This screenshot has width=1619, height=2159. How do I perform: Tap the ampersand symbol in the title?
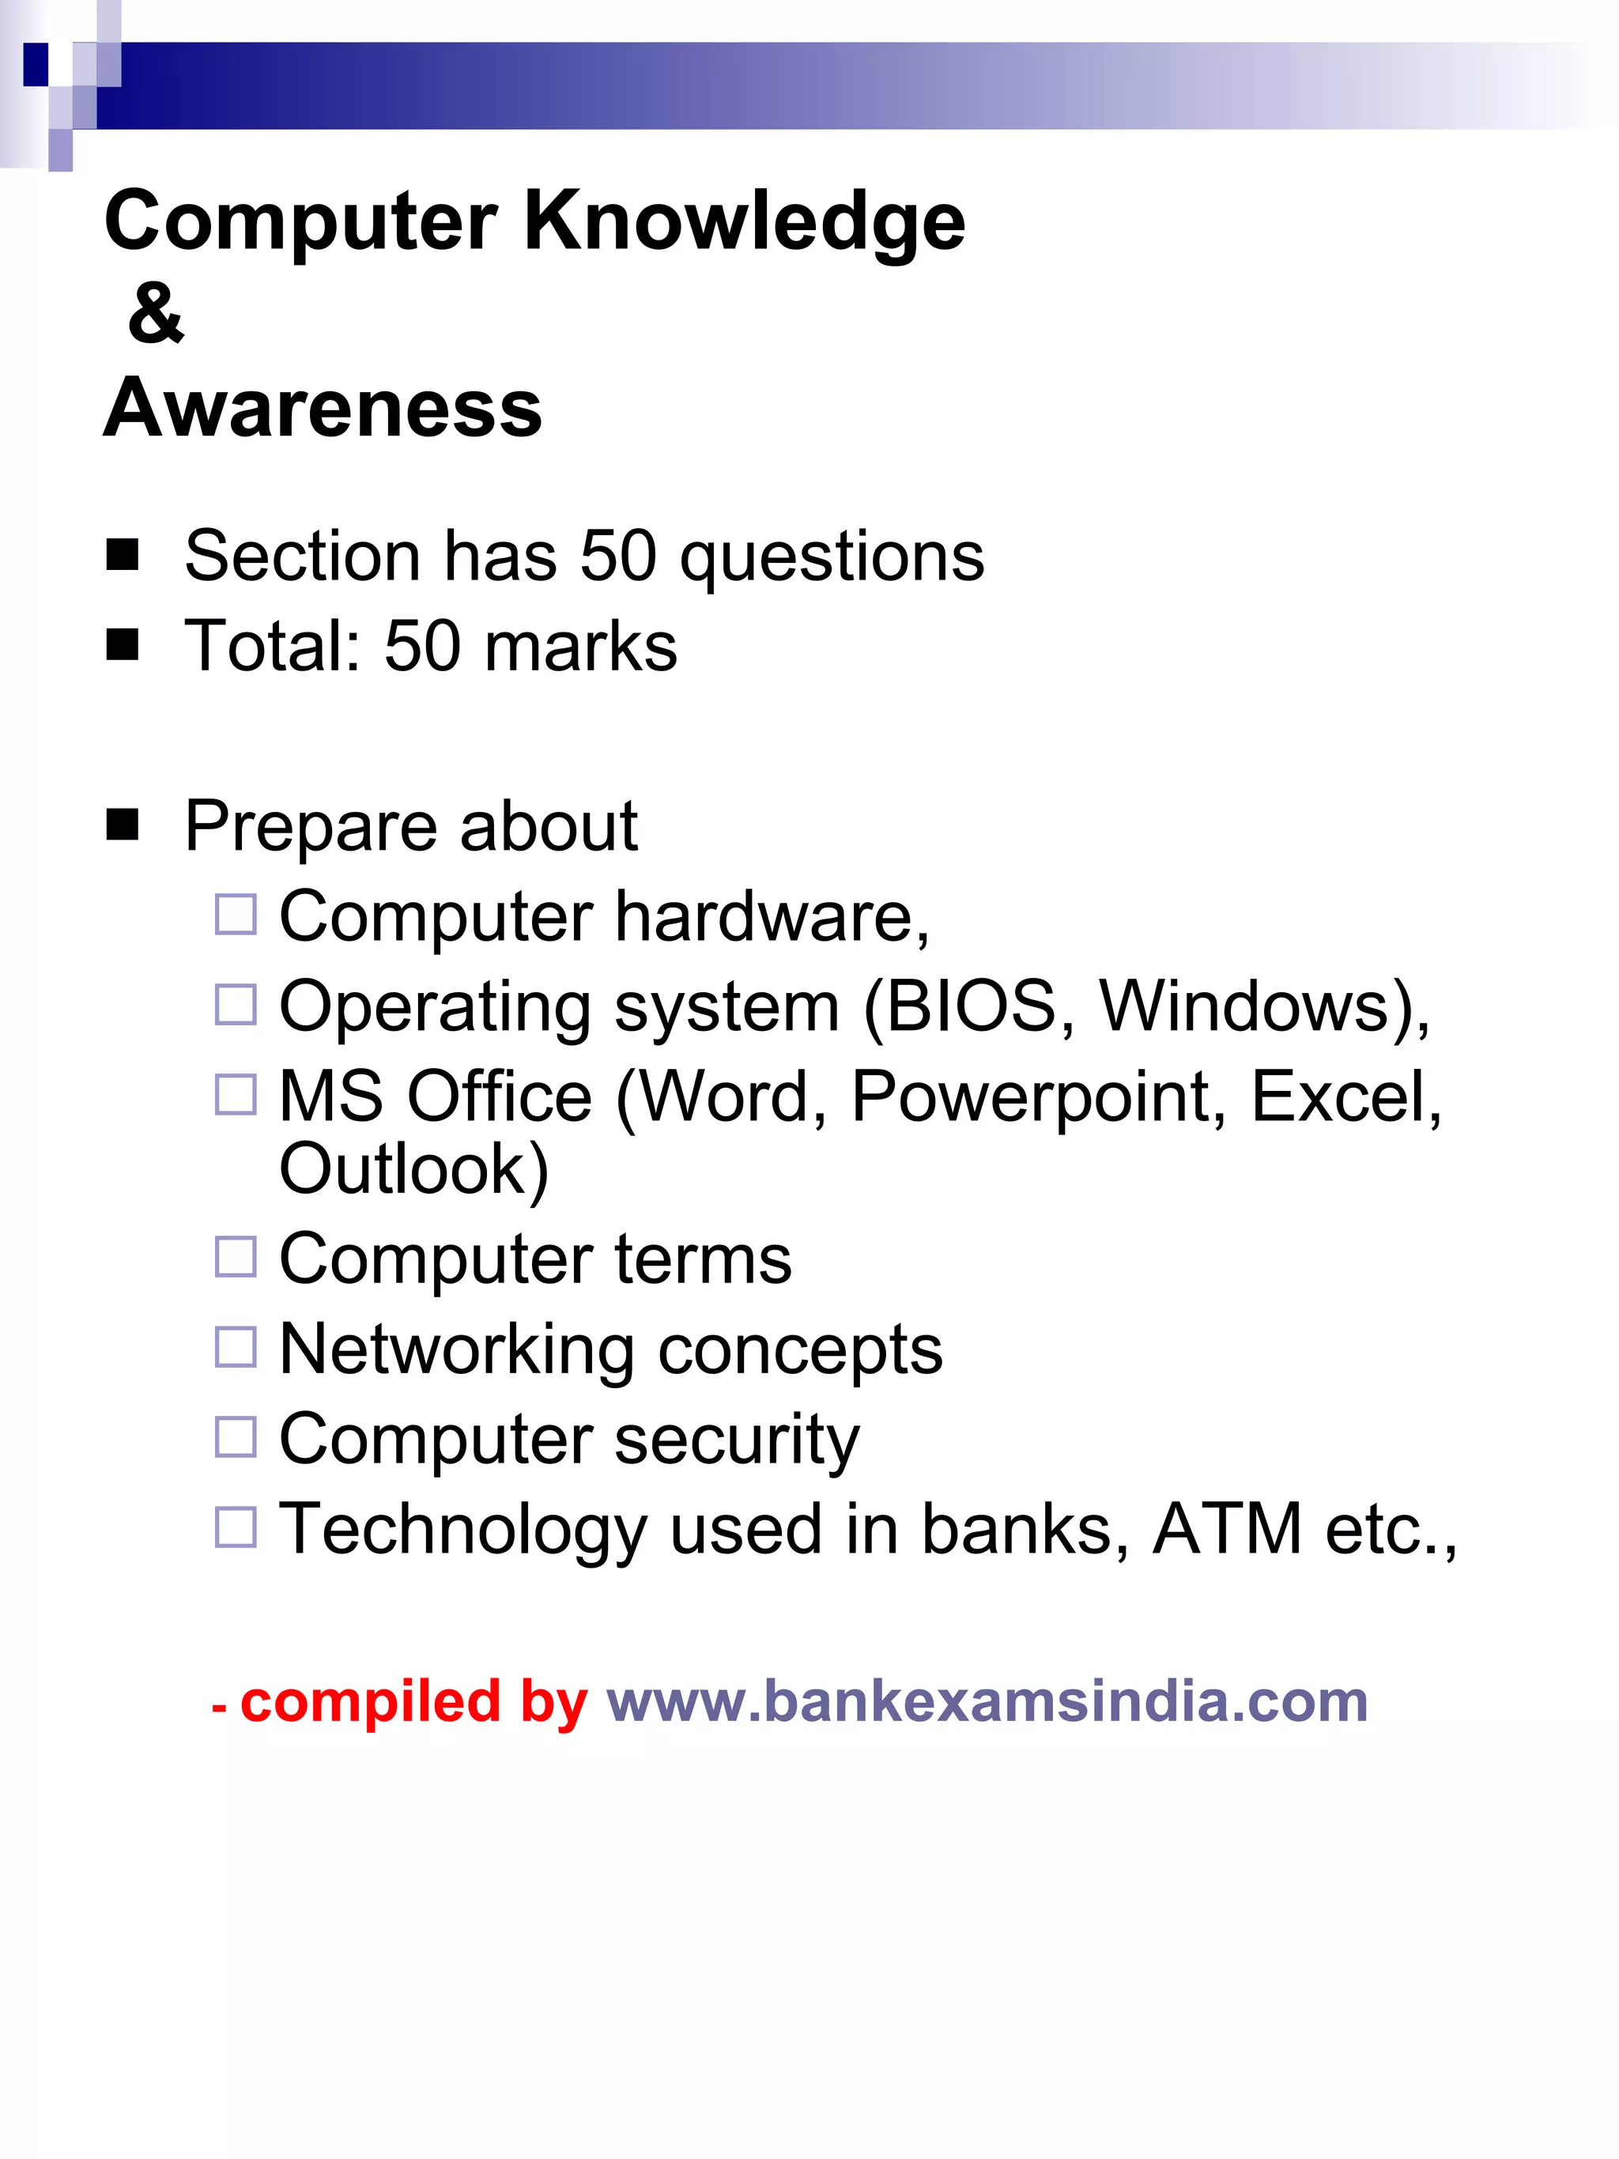(x=155, y=315)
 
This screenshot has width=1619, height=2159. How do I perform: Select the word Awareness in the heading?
(x=323, y=408)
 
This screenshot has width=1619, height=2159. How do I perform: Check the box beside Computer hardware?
(x=236, y=915)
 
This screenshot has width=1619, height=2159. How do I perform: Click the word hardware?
(x=771, y=918)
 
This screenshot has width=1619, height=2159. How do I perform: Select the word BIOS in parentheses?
(x=971, y=1006)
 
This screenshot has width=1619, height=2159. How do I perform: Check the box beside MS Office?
(x=236, y=1095)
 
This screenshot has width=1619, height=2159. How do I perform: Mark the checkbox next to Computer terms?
(x=236, y=1257)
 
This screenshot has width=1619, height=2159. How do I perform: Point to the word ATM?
(x=1227, y=1530)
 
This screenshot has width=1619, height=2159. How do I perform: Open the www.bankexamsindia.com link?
(x=987, y=1702)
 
